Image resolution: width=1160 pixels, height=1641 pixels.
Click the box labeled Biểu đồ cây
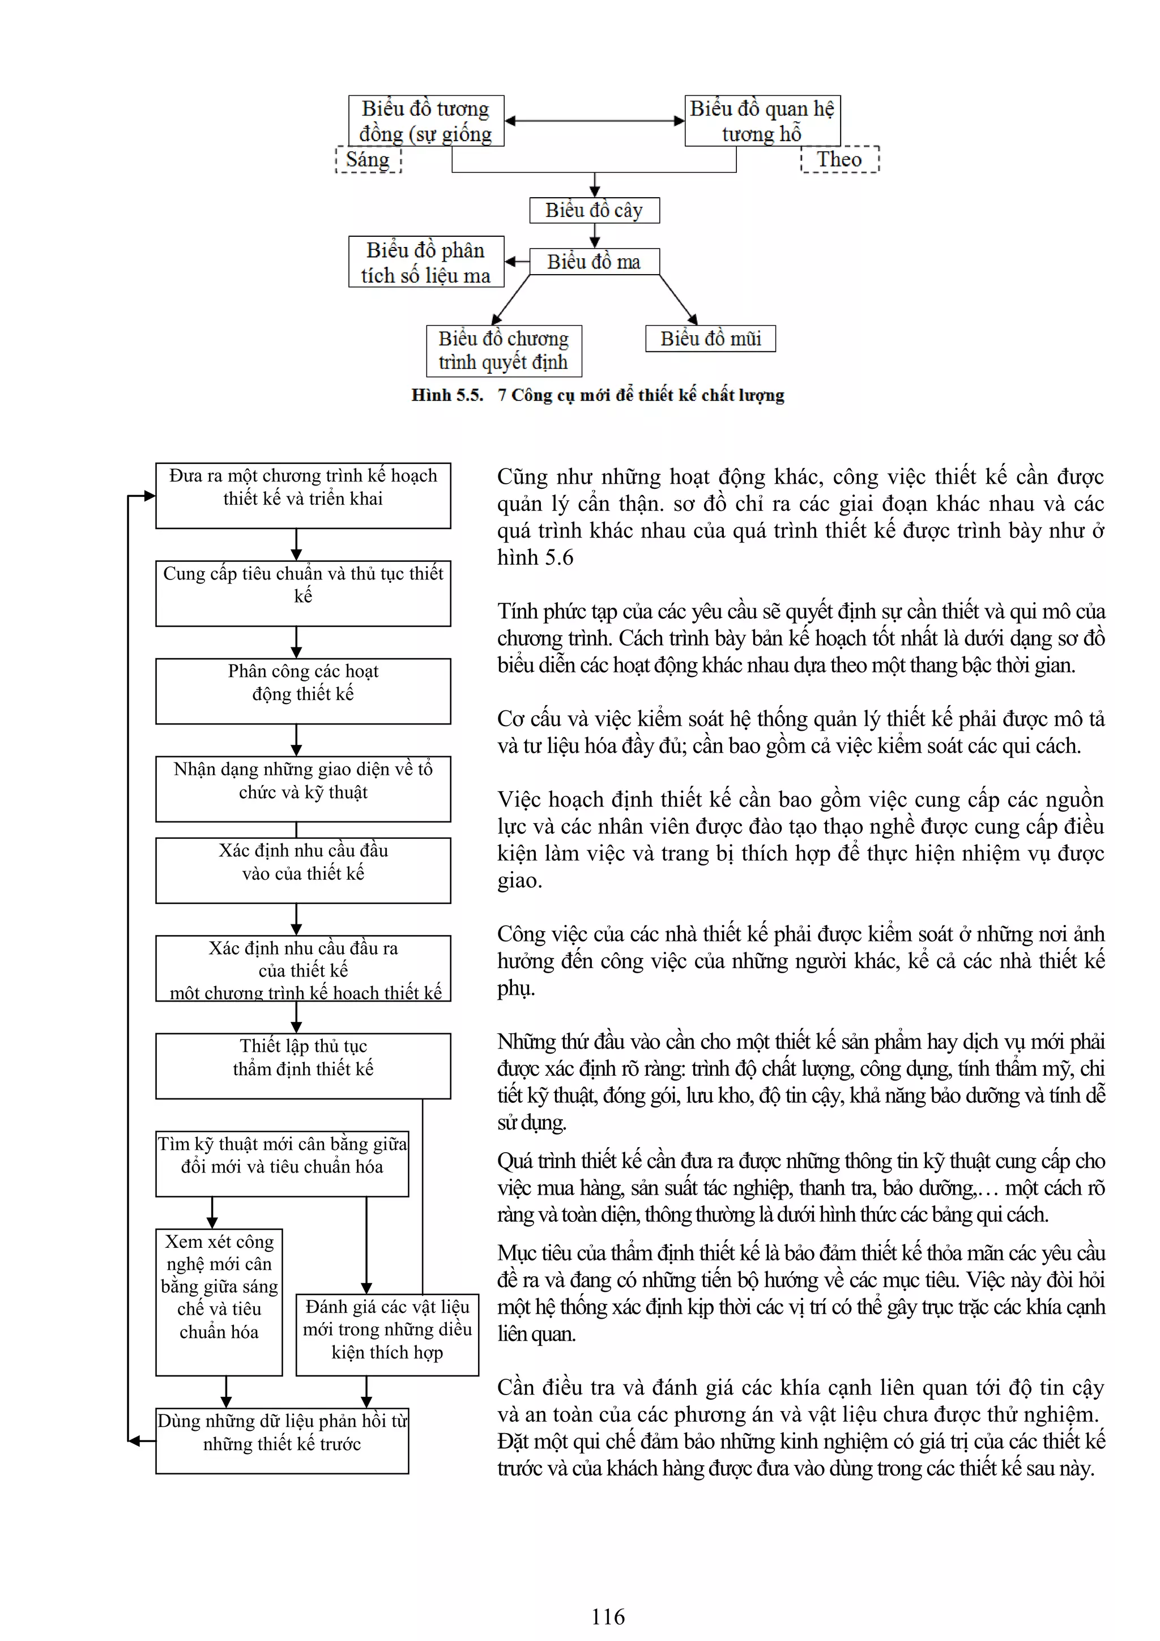pyautogui.click(x=594, y=210)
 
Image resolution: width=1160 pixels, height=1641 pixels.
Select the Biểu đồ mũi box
pyautogui.click(x=710, y=338)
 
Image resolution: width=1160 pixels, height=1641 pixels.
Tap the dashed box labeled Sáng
pyautogui.click(x=368, y=159)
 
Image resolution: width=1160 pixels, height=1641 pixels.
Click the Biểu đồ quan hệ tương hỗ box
pyautogui.click(x=762, y=121)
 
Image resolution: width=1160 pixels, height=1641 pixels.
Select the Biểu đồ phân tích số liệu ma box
pyautogui.click(x=426, y=262)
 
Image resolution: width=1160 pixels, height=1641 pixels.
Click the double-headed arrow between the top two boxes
pyautogui.click(x=594, y=121)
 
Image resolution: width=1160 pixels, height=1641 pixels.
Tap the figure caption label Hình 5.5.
pyautogui.click(x=447, y=395)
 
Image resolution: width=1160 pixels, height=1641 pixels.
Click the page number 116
pyautogui.click(x=608, y=1616)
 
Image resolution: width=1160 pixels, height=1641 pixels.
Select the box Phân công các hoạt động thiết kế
pyautogui.click(x=303, y=691)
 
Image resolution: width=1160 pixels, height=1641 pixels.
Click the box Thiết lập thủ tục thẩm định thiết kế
pyautogui.click(x=303, y=1065)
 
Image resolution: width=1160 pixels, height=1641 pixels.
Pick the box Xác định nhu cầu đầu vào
pyautogui.click(x=303, y=870)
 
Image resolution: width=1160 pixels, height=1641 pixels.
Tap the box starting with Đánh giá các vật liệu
pyautogui.click(x=387, y=1335)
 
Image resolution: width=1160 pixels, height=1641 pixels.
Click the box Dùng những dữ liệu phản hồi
pyautogui.click(x=282, y=1440)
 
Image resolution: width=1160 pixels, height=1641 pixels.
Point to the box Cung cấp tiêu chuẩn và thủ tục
pyautogui.click(x=303, y=593)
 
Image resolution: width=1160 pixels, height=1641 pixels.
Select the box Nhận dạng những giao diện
pyautogui.click(x=303, y=788)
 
